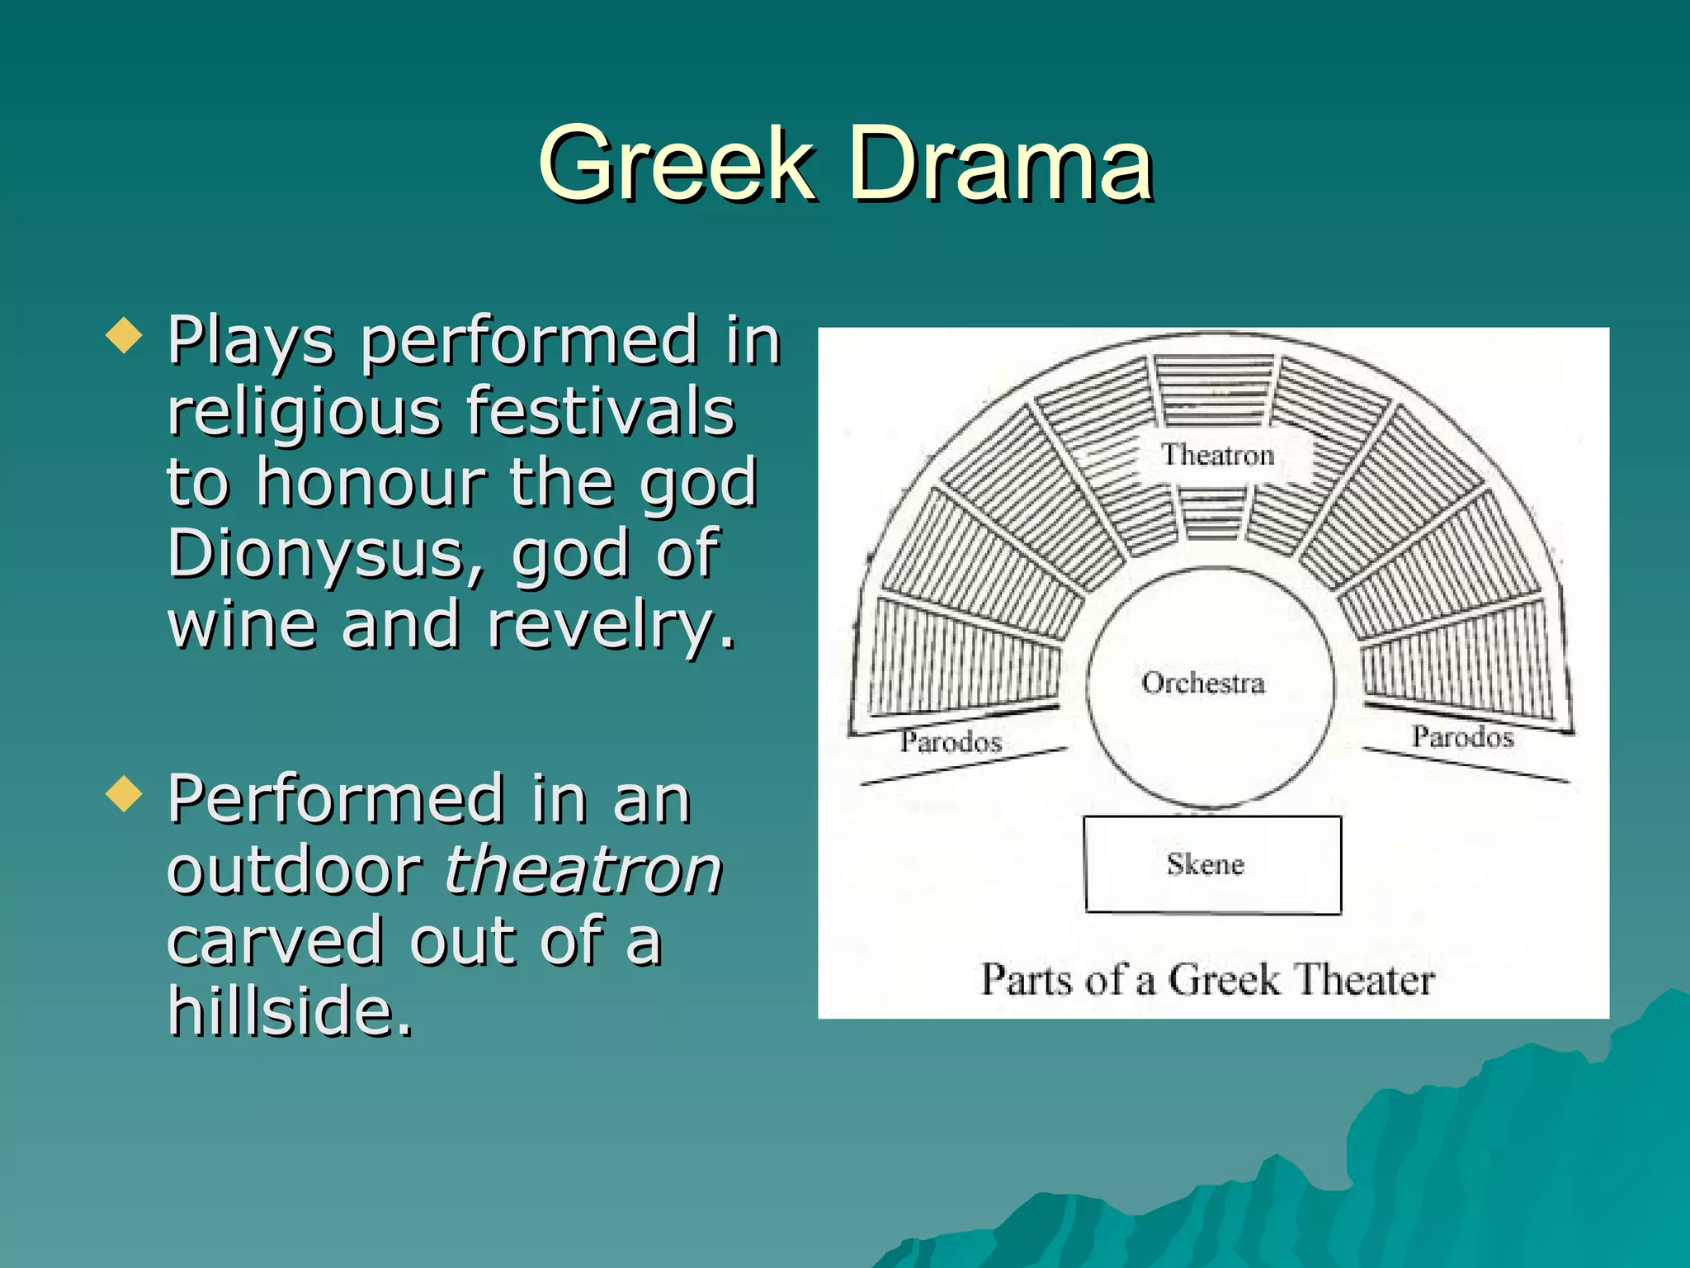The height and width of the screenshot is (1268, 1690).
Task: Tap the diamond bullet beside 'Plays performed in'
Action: tap(125, 336)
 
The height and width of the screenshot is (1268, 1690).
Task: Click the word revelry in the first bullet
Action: tap(610, 625)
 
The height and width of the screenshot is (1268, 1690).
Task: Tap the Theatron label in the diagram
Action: tap(1218, 455)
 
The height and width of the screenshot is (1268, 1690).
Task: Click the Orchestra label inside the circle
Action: tap(1203, 683)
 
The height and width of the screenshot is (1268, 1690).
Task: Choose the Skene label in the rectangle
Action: tap(1205, 864)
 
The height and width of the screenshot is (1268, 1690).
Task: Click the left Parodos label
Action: tap(951, 741)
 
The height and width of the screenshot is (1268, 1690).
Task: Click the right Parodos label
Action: tap(1462, 736)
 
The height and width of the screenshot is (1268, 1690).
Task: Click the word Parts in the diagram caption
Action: tap(1027, 980)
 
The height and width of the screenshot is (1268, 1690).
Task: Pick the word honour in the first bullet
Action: tap(371, 482)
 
